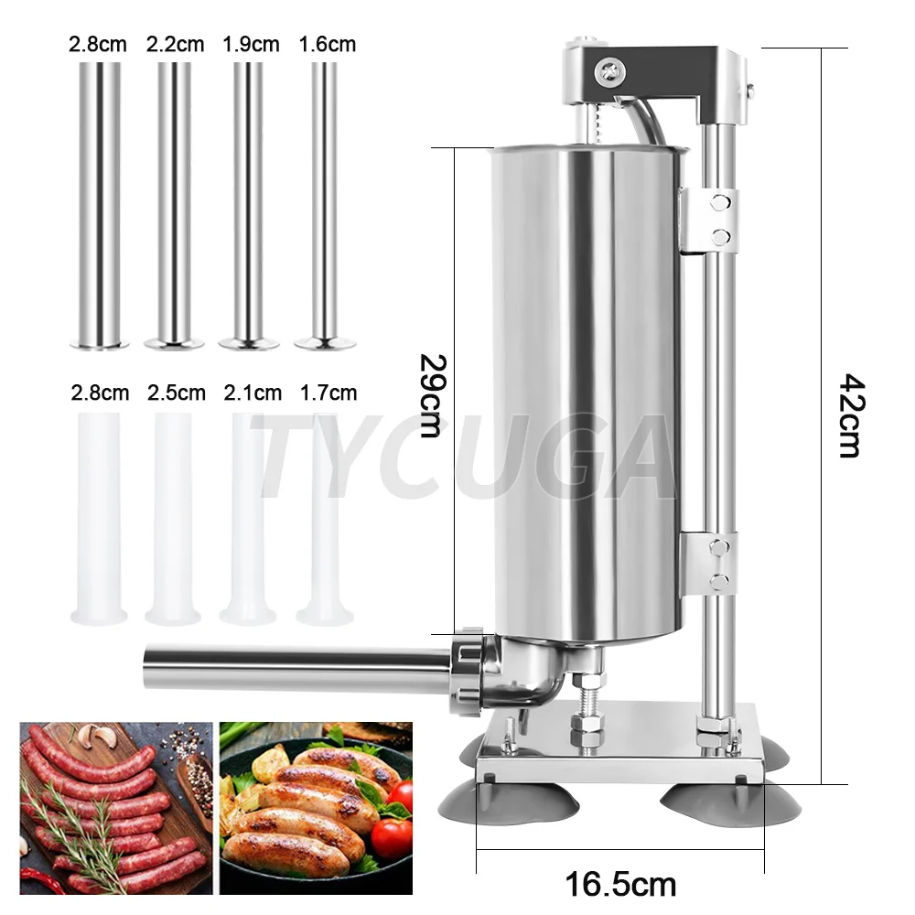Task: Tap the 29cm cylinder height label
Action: coord(430,394)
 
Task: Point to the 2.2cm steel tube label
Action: coord(174,44)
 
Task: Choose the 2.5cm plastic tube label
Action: coord(176,393)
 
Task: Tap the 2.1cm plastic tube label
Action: coord(253,393)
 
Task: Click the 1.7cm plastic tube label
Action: coord(328,393)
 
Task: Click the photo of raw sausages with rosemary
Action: coord(116,808)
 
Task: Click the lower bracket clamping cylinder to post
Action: coord(711,561)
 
